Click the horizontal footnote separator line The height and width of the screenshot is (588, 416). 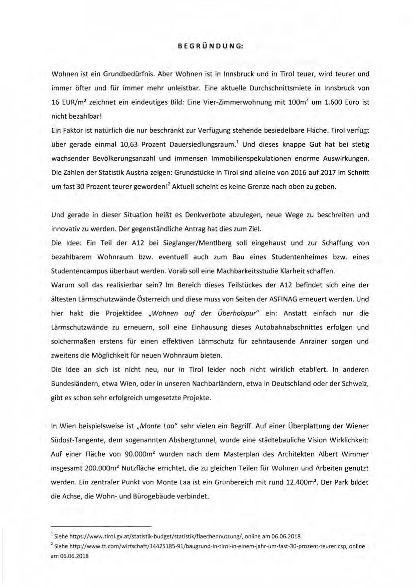coord(101,526)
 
